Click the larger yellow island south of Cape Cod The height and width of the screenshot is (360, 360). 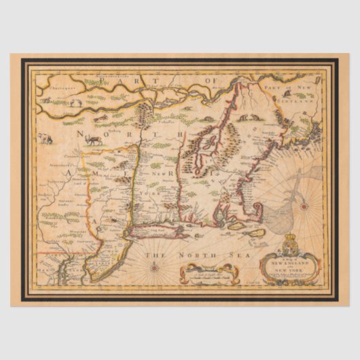click(x=257, y=233)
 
